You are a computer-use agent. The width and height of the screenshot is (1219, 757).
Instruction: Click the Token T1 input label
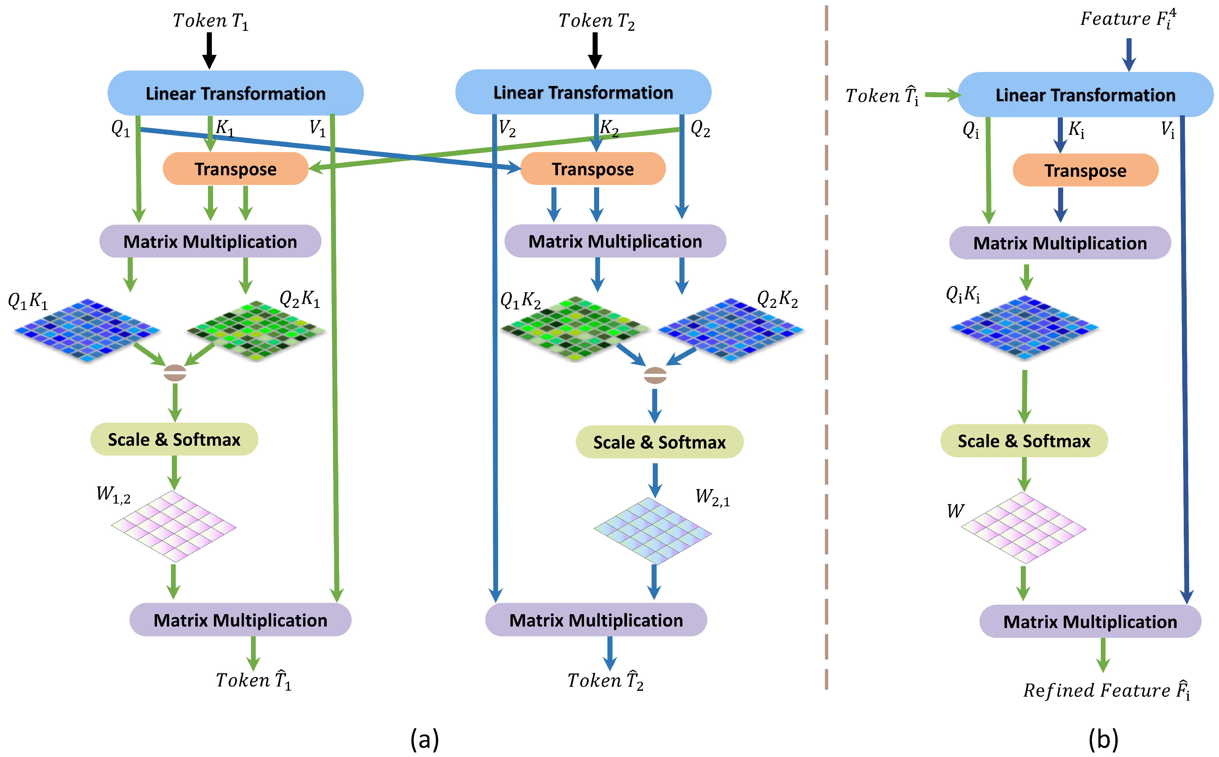pyautogui.click(x=210, y=21)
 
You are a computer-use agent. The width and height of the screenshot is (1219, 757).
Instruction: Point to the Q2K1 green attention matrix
pyautogui.click(x=256, y=330)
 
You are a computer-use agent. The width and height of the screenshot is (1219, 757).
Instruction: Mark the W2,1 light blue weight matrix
pyautogui.click(x=652, y=531)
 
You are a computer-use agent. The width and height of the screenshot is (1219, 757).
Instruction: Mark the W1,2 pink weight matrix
pyautogui.click(x=173, y=526)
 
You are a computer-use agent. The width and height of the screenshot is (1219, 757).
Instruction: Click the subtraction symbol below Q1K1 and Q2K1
pyautogui.click(x=175, y=373)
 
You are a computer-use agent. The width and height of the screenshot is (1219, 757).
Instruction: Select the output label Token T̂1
pyautogui.click(x=253, y=680)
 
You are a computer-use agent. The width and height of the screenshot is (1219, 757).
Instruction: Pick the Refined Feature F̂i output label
pyautogui.click(x=1106, y=690)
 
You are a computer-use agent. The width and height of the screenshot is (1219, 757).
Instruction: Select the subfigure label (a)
pyautogui.click(x=424, y=739)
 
